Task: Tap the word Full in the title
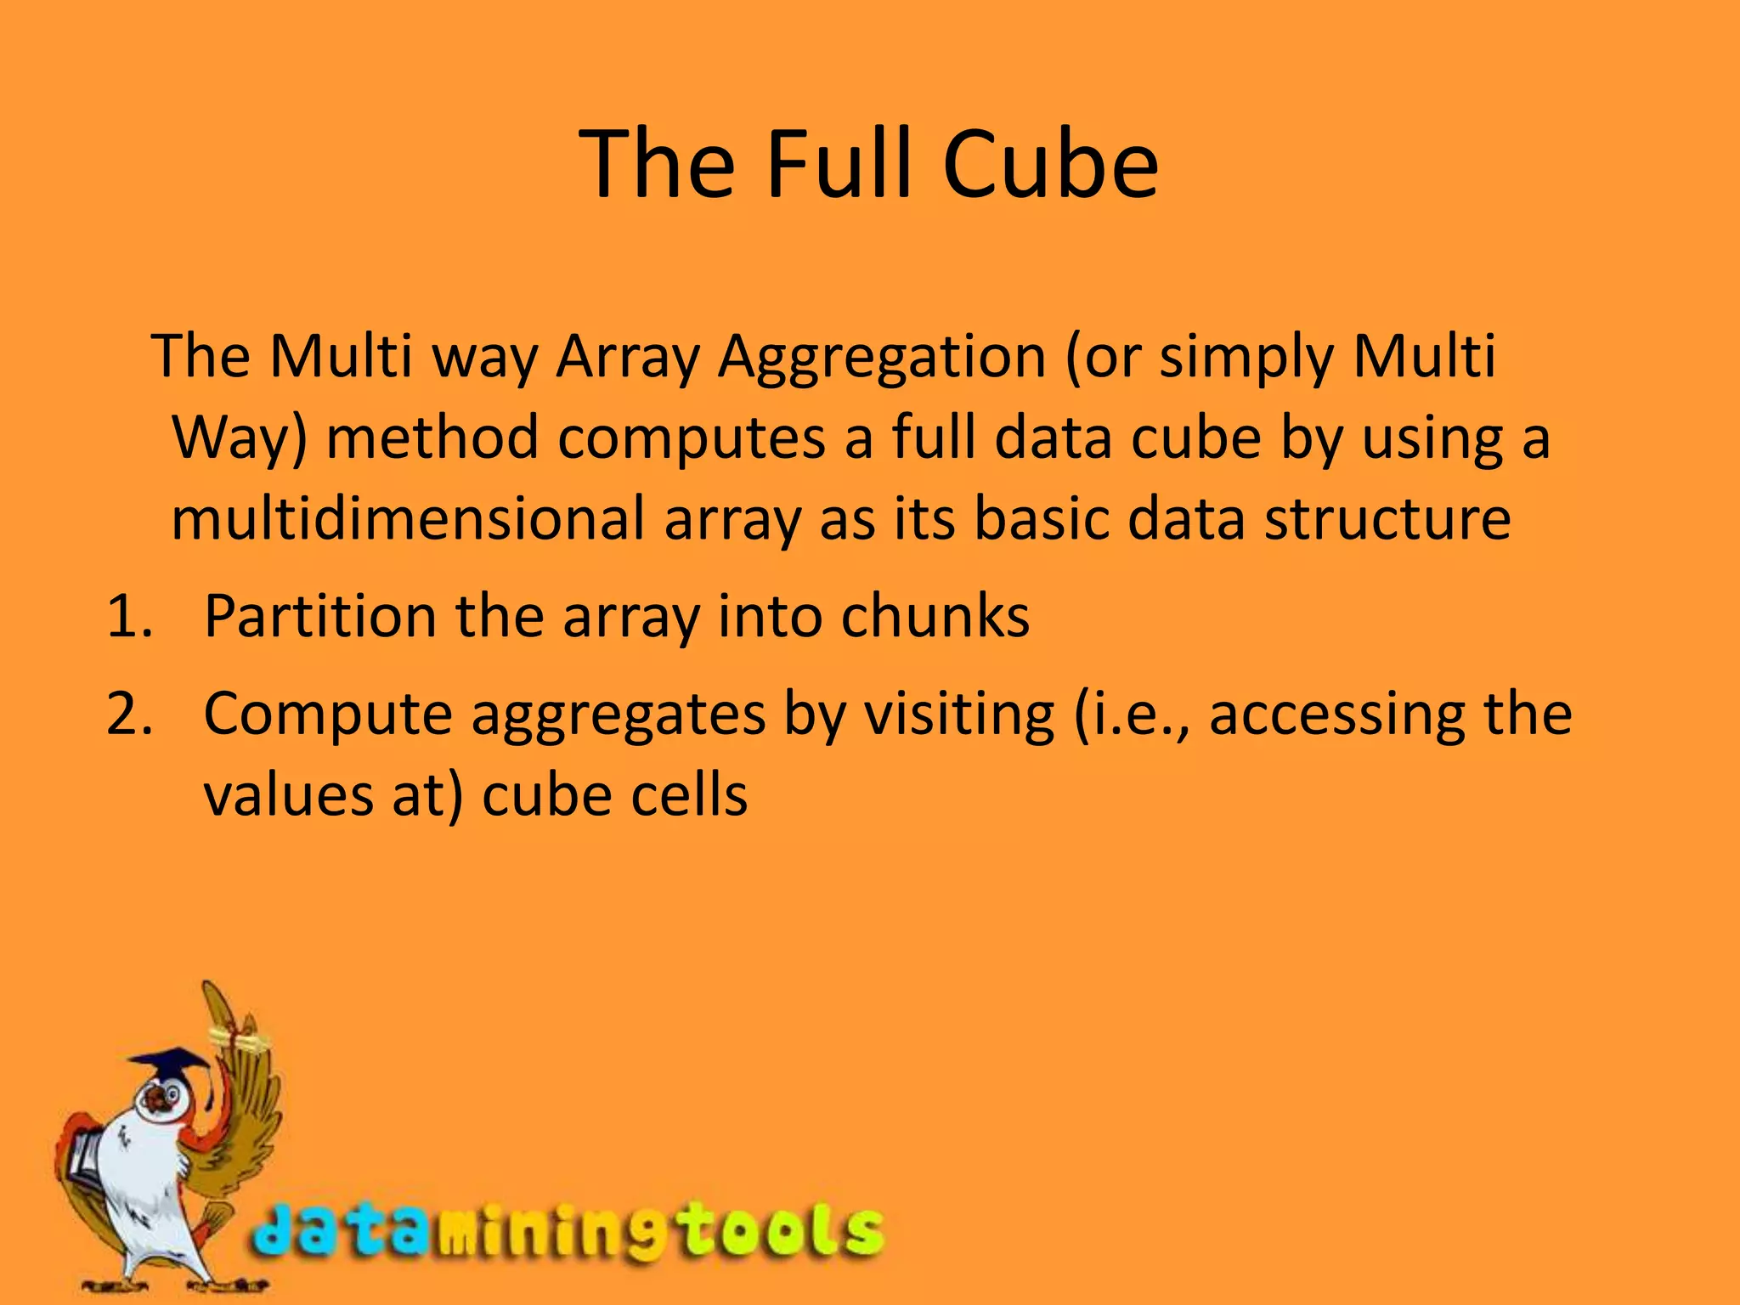840,165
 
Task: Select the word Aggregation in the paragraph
881,358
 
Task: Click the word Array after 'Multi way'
627,358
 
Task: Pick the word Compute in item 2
328,715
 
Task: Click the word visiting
959,715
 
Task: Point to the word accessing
1336,715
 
